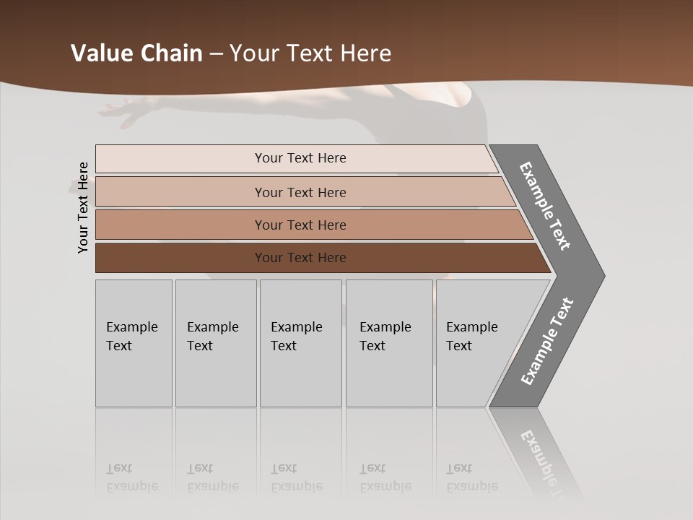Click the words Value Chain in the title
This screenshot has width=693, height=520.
click(x=136, y=53)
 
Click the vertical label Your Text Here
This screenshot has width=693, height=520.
click(x=83, y=208)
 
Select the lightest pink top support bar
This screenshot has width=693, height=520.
click(x=180, y=159)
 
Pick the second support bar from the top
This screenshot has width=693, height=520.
click(x=180, y=192)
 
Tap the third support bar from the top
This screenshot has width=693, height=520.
click(x=180, y=225)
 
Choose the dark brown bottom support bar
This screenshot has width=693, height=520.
click(x=180, y=258)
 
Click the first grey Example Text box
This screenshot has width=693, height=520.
click(x=134, y=343)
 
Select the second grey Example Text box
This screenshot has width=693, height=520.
click(x=216, y=343)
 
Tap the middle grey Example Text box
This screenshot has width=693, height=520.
click(x=300, y=343)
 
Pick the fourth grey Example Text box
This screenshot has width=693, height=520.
click(x=389, y=343)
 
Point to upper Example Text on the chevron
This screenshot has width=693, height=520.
click(x=545, y=207)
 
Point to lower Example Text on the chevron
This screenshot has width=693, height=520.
click(x=547, y=342)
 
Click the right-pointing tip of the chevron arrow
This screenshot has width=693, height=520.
click(x=601, y=276)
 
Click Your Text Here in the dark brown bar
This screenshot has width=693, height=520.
click(x=300, y=258)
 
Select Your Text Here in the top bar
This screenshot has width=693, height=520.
click(x=300, y=158)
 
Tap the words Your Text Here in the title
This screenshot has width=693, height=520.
click(x=310, y=53)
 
